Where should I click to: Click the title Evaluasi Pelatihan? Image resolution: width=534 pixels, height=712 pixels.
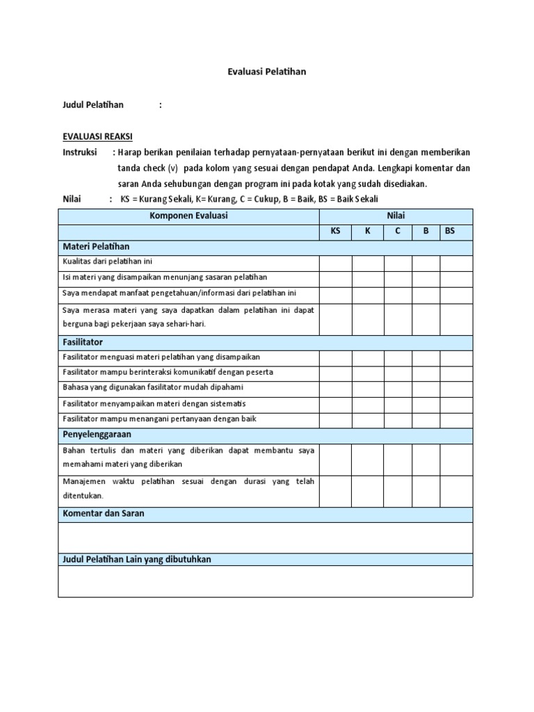266,71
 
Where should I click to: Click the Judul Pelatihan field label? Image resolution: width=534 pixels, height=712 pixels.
93,105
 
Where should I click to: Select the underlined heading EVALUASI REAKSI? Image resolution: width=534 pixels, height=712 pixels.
98,136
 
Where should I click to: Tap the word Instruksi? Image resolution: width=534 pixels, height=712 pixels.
80,152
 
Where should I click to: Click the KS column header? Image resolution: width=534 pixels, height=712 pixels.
335,232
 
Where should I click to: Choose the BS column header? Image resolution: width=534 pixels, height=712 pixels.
450,232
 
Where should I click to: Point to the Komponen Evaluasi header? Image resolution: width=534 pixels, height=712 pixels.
188,216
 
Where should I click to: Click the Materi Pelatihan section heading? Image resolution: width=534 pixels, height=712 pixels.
96,247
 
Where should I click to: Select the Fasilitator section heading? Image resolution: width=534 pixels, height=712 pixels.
83,342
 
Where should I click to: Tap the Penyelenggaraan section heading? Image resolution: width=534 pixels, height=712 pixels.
97,435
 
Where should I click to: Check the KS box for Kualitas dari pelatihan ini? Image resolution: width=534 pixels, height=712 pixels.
335,263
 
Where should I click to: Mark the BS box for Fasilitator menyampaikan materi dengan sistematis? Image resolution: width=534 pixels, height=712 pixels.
456,404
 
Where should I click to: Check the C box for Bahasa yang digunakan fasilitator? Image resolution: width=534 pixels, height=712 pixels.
398,388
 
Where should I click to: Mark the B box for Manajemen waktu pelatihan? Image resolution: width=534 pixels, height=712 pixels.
426,490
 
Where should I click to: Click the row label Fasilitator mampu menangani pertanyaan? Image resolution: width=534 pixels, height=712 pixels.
159,419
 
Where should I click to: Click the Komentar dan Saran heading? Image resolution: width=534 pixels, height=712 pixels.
104,514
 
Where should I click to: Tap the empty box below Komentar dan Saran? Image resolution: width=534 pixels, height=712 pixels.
265,537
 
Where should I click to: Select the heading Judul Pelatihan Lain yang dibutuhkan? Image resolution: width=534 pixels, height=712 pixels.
137,559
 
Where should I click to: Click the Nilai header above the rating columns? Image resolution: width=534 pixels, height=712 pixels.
396,216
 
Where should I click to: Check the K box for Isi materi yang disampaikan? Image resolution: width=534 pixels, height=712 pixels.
368,278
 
